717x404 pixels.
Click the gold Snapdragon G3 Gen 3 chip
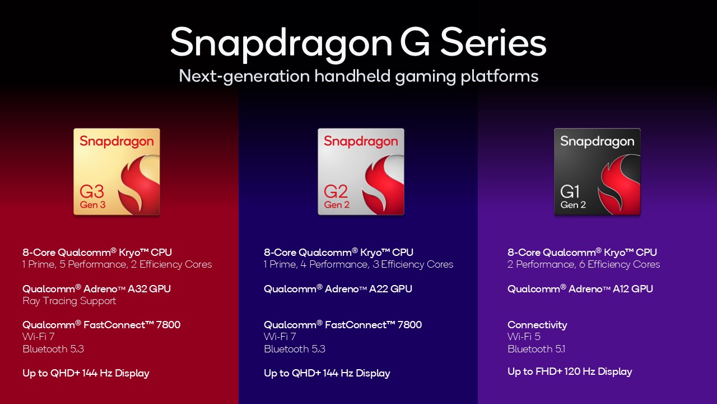tap(117, 172)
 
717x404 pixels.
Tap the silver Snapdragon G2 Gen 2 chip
tap(361, 172)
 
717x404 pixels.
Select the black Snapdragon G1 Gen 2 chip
tap(597, 172)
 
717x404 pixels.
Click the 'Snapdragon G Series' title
tap(358, 43)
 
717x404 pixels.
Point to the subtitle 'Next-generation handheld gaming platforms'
tap(358, 76)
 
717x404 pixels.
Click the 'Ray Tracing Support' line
tap(69, 301)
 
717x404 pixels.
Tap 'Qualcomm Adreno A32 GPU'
tap(96, 288)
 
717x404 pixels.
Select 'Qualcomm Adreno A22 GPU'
tap(338, 288)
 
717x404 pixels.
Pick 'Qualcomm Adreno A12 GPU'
tap(580, 288)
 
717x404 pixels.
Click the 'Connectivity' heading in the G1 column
tap(537, 325)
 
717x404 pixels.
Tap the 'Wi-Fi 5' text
tap(524, 337)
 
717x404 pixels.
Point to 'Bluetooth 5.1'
tap(536, 349)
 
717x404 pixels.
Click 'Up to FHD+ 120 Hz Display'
tap(570, 371)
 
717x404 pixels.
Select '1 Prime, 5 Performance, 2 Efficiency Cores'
tap(117, 264)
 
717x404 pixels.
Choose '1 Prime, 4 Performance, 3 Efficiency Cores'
tap(358, 264)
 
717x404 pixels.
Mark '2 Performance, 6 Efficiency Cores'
tap(584, 264)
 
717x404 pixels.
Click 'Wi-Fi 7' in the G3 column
tap(39, 337)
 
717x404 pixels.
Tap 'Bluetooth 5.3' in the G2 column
tap(294, 349)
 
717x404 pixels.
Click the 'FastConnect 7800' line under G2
tap(343, 325)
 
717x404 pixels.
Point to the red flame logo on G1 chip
tap(617, 182)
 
